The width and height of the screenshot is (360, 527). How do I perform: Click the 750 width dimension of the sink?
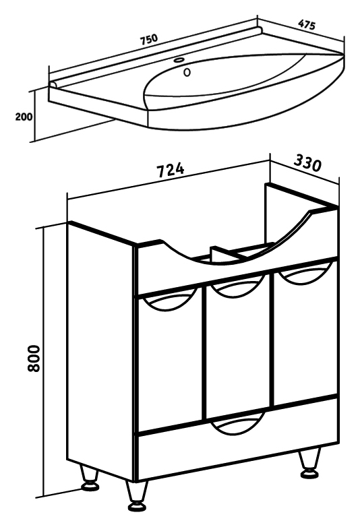click(x=148, y=39)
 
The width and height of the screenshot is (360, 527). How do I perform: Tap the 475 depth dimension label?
click(x=307, y=25)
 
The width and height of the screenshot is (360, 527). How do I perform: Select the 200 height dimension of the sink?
click(x=24, y=117)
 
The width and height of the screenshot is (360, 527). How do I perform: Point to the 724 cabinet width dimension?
click(x=171, y=170)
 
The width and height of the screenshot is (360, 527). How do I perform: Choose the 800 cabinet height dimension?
click(x=34, y=359)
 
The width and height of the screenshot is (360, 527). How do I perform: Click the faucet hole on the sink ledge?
click(x=179, y=61)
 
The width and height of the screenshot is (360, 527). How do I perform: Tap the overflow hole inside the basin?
click(x=187, y=72)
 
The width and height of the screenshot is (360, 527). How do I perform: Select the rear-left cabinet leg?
click(x=89, y=478)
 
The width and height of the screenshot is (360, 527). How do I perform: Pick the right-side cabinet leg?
click(x=309, y=463)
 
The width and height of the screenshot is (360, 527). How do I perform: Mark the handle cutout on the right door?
click(x=305, y=273)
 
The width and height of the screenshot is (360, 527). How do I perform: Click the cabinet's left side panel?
click(x=100, y=350)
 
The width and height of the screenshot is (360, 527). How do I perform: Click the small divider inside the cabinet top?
click(x=224, y=256)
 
